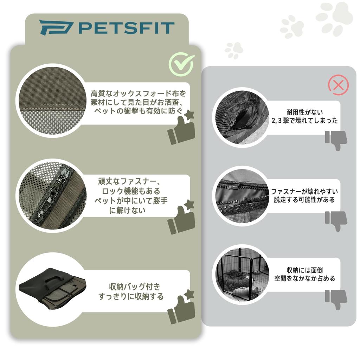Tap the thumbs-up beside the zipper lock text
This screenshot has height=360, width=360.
[182, 218]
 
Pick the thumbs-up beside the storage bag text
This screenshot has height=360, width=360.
[182, 307]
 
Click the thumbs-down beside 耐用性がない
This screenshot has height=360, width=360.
[336, 140]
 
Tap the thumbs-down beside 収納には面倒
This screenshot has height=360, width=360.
[336, 299]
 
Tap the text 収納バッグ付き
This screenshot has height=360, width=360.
[135, 287]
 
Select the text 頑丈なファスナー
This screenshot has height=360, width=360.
[129, 182]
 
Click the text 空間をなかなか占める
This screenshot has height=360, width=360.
[304, 278]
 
